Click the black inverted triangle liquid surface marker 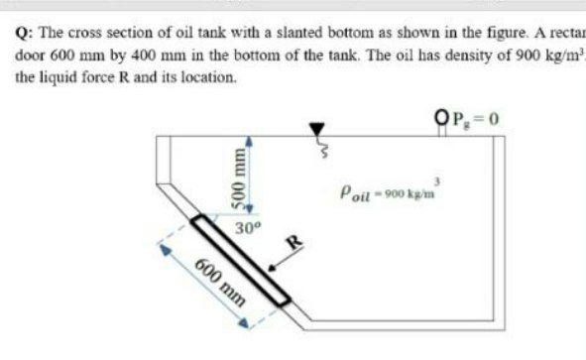tap(317, 129)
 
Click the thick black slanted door tap(243, 261)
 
